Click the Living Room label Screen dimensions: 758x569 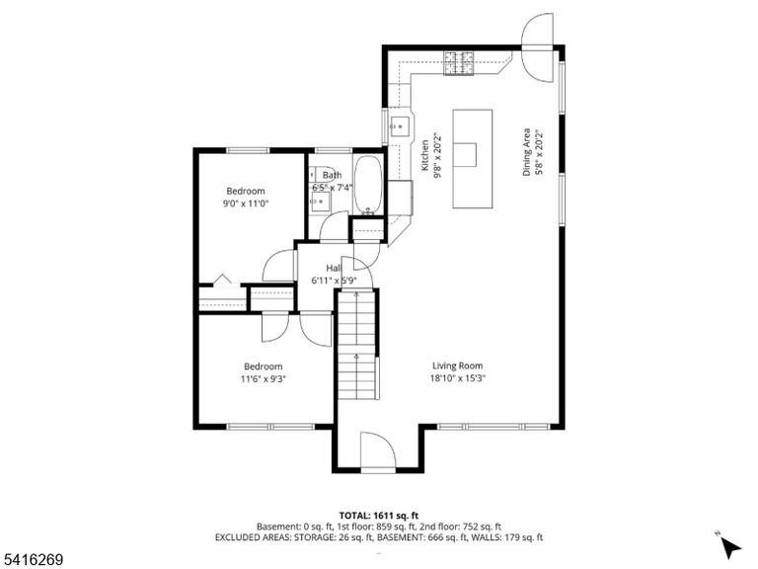(457, 366)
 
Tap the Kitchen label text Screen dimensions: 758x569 (425, 155)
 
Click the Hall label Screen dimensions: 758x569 (334, 268)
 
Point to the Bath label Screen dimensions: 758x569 (332, 175)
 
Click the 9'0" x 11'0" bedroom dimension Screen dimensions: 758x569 (246, 203)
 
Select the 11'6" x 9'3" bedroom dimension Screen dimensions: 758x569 (264, 379)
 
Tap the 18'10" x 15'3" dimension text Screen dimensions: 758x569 (457, 378)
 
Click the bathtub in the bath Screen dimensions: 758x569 (369, 185)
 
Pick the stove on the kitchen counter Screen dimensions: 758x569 (459, 63)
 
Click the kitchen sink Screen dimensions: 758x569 (400, 126)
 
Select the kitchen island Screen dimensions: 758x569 (473, 159)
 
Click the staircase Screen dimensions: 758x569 (356, 345)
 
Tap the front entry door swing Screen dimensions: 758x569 (378, 450)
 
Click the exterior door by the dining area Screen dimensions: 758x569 (537, 47)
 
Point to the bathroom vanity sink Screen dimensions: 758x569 (320, 200)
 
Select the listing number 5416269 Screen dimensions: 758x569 (32, 560)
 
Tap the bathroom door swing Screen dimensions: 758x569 (334, 226)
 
